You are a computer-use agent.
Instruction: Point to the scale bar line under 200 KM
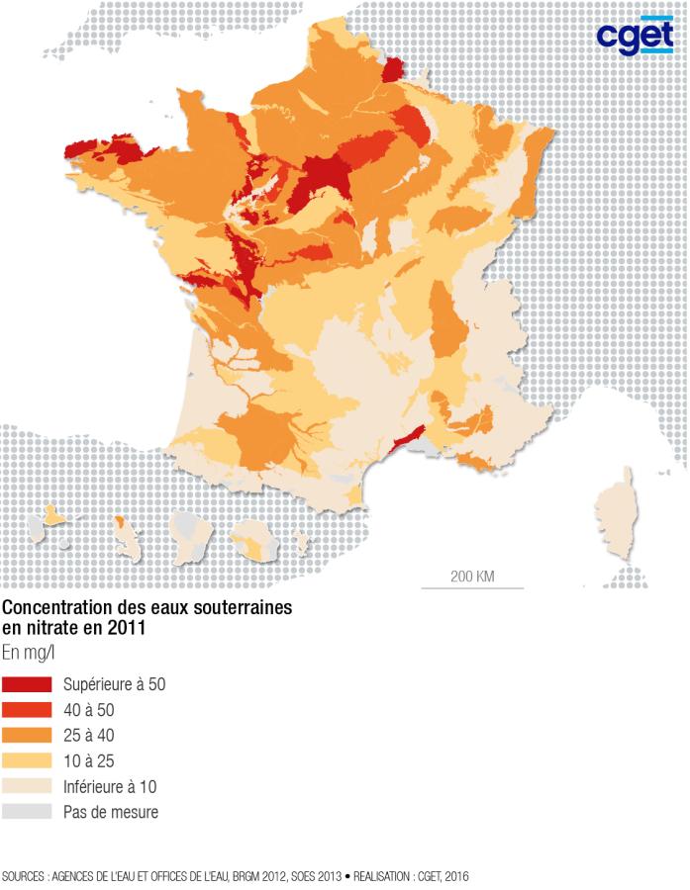tap(472, 588)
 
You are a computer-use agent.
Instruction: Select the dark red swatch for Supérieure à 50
tap(27, 685)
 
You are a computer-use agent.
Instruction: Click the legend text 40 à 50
tap(89, 710)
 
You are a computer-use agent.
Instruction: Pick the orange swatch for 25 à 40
tap(27, 736)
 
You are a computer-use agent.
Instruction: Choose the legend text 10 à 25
tap(89, 761)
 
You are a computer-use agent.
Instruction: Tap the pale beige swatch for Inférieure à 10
tap(27, 787)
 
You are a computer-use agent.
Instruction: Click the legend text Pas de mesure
tap(110, 813)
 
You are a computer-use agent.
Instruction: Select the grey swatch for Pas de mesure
tap(27, 813)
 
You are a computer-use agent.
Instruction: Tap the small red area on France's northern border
tap(393, 68)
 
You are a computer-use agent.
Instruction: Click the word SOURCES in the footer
tap(23, 876)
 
